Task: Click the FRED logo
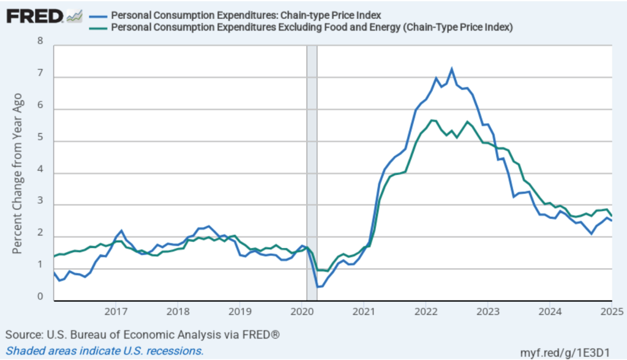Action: point(35,15)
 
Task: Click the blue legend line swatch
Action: point(98,15)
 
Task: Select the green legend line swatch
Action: point(98,27)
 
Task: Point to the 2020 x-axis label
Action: point(301,310)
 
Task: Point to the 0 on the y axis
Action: point(41,297)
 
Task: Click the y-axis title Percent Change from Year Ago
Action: point(18,173)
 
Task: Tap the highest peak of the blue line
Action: point(451,69)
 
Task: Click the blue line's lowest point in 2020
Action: point(318,287)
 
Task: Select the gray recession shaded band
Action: point(312,171)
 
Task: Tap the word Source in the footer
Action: point(23,336)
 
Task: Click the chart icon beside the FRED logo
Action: point(75,15)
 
